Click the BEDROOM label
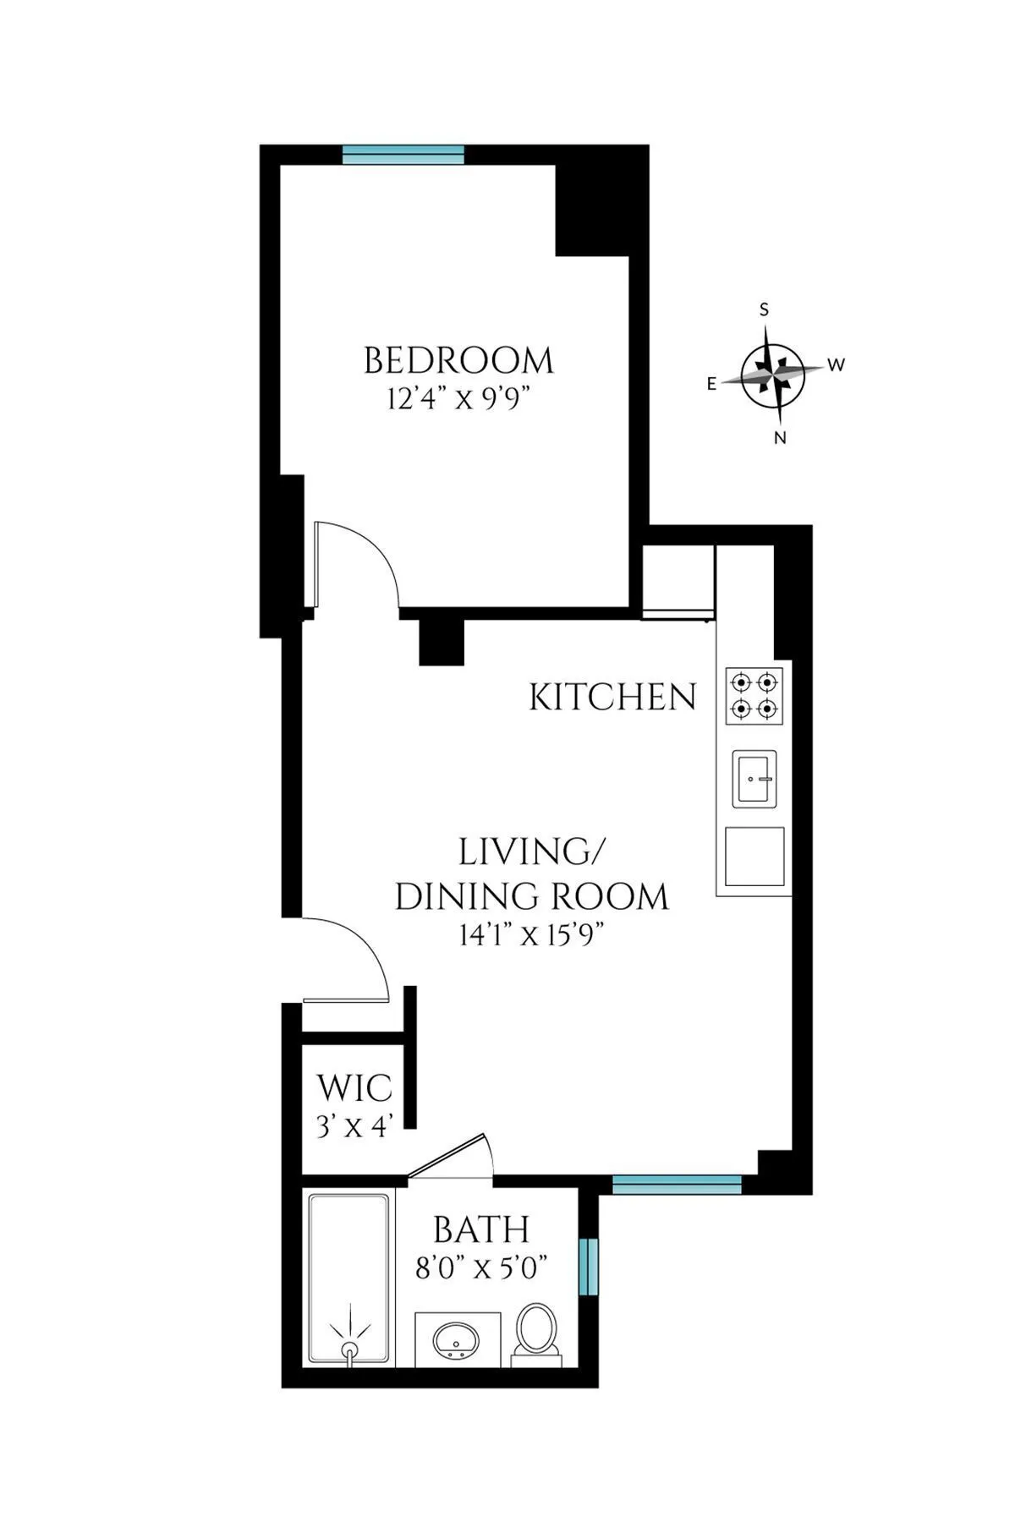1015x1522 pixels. point(458,361)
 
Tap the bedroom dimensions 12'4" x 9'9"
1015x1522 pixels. point(458,398)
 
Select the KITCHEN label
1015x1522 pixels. point(612,698)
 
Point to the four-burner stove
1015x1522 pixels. point(754,695)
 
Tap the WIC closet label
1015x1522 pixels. point(354,1087)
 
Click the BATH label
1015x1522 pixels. point(481,1229)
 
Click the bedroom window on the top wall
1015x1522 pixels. point(403,154)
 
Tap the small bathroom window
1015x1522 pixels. point(589,1266)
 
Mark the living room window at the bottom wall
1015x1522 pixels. point(677,1184)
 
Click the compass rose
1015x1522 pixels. point(772,373)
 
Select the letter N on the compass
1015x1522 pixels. point(781,438)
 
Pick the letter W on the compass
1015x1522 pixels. point(836,365)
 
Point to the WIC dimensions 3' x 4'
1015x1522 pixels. point(354,1126)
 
